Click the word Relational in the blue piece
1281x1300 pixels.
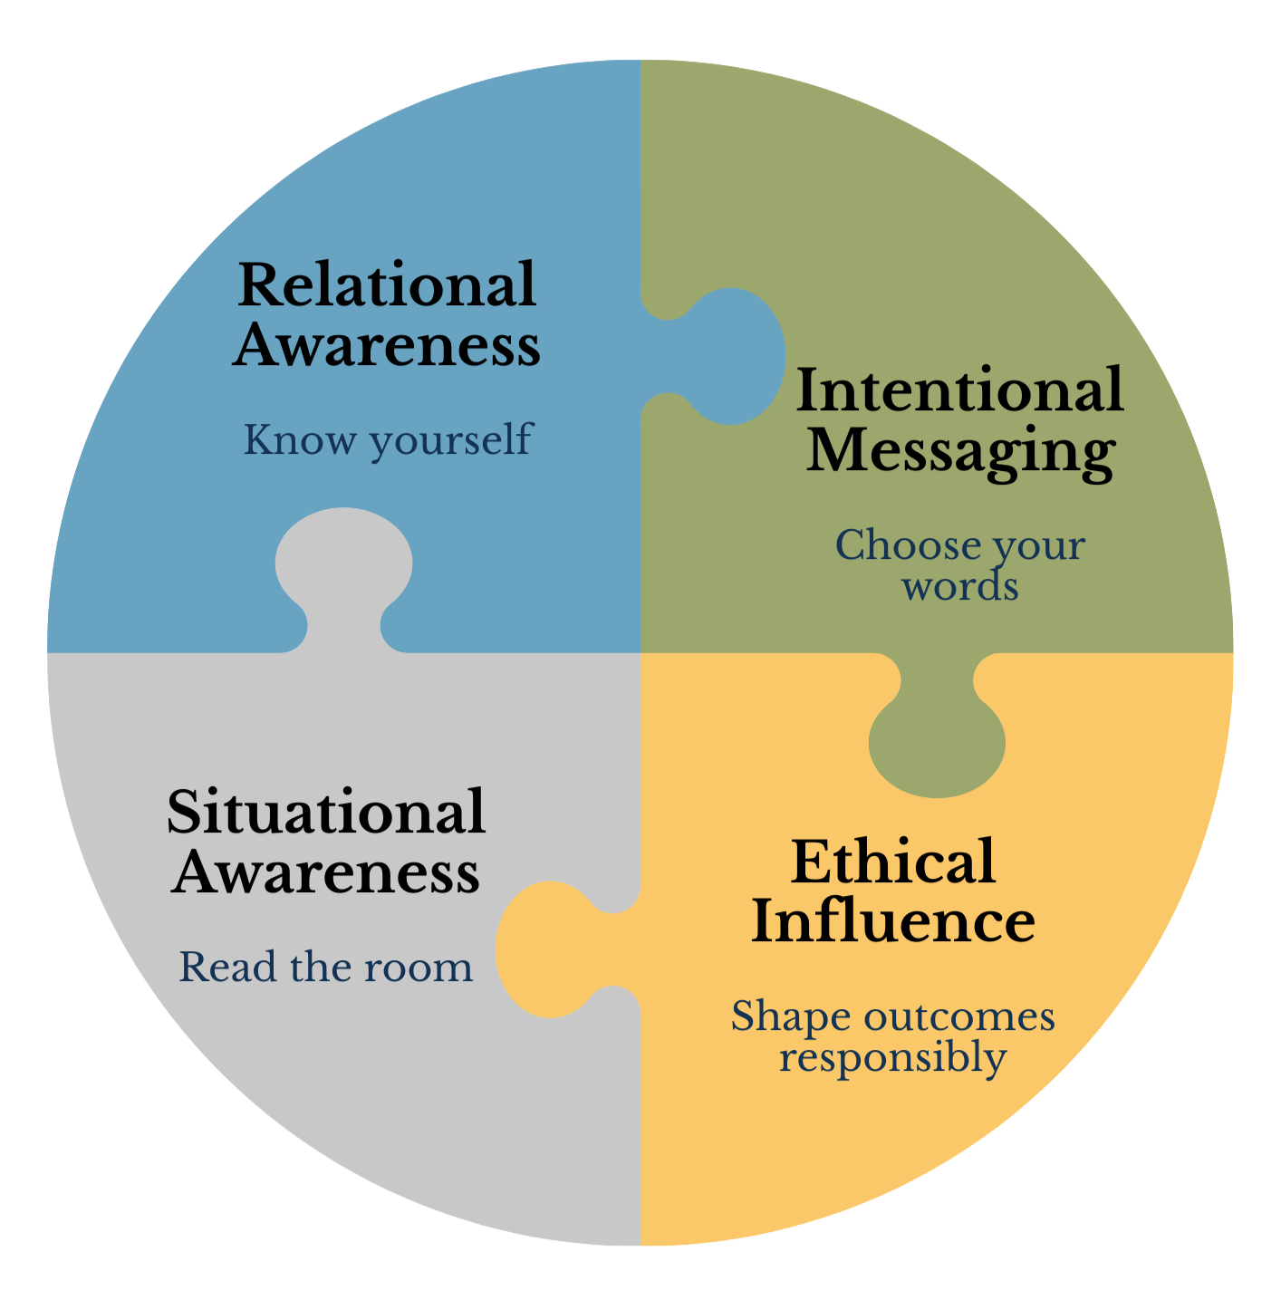tap(387, 285)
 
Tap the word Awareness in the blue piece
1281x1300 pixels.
tap(387, 346)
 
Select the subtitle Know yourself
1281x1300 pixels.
tap(387, 440)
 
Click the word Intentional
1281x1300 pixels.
tap(959, 390)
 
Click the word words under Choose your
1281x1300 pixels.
tap(959, 587)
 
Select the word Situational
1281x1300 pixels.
tap(326, 812)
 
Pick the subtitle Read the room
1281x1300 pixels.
tap(326, 968)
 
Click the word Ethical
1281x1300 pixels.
tap(893, 862)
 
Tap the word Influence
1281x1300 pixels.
tap(893, 922)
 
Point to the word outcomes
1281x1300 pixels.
tap(960, 1016)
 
